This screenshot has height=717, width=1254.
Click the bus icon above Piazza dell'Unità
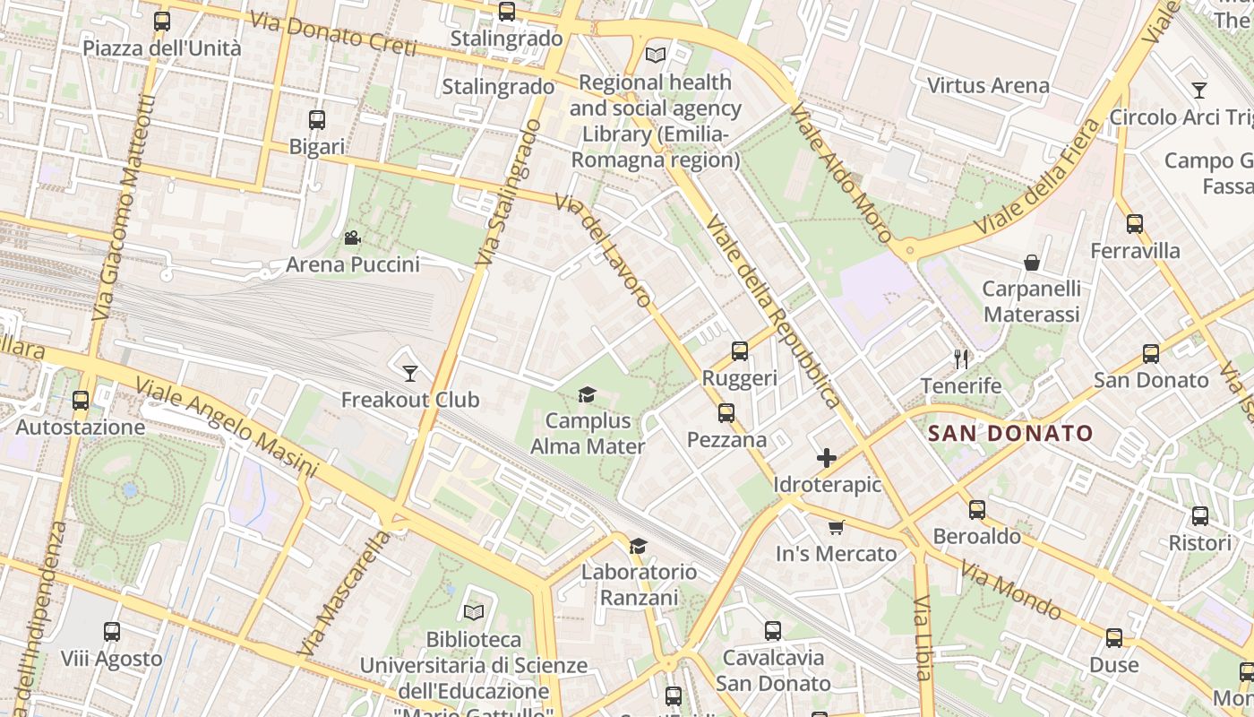coord(162,22)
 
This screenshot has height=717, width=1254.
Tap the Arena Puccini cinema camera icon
coord(352,238)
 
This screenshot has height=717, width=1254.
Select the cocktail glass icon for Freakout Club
coord(410,373)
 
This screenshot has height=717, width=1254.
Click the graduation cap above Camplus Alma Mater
coord(587,394)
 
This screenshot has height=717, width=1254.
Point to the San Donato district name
coord(1010,434)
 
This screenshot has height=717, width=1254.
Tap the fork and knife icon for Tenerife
coord(962,359)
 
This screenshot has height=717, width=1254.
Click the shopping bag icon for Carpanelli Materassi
coord(1032,263)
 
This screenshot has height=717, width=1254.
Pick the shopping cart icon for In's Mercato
coord(836,527)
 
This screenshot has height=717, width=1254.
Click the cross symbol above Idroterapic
coord(827,459)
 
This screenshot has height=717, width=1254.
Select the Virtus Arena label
coord(988,86)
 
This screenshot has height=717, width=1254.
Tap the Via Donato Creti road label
coord(332,33)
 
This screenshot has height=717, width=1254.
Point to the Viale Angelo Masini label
coord(226,427)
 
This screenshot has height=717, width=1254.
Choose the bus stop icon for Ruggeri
coord(740,351)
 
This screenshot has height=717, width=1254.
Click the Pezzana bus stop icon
coord(726,413)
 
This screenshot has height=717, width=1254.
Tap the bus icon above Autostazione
coord(81,401)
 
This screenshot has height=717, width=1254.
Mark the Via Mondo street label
coord(1010,591)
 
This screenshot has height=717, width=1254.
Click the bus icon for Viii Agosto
coord(112,632)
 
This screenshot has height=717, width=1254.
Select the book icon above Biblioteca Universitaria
coord(474,612)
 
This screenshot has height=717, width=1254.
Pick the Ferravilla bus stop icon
coord(1135,224)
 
